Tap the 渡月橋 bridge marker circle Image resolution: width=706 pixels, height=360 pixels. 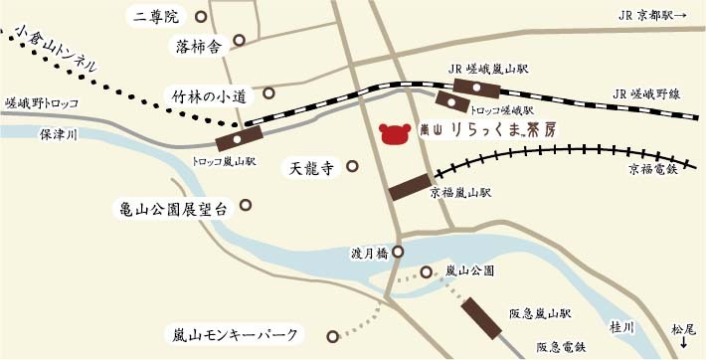tap(398, 253)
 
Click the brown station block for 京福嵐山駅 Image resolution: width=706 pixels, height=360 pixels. tap(409, 185)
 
